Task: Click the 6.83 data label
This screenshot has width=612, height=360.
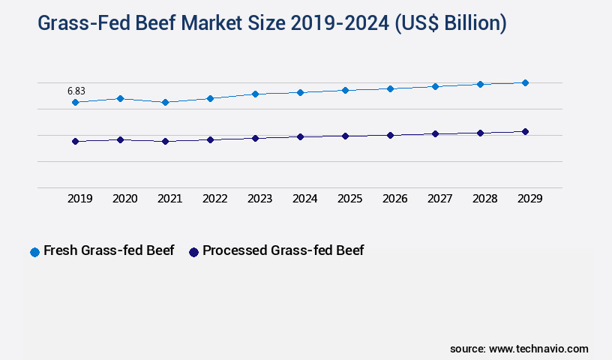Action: (76, 91)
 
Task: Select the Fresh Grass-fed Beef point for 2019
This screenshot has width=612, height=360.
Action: (75, 102)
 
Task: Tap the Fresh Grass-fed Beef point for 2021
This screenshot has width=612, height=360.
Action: (165, 102)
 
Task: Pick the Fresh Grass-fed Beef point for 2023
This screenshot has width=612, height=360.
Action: (255, 94)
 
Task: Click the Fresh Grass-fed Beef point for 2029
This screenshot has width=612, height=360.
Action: (525, 82)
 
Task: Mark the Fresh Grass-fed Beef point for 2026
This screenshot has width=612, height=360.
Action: (390, 88)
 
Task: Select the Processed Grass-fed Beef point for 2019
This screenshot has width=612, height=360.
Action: (75, 141)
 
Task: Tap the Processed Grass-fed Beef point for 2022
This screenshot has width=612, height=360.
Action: (210, 139)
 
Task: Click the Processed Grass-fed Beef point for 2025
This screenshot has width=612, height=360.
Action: (345, 136)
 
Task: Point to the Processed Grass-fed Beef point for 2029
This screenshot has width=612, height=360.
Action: (525, 131)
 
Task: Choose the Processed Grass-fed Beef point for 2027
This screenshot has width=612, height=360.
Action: (435, 133)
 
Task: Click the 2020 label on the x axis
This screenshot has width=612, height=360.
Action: (124, 199)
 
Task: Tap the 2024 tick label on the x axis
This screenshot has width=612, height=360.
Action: (304, 199)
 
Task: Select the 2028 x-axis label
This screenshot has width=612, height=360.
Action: (484, 199)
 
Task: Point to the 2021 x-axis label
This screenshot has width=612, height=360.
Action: (169, 199)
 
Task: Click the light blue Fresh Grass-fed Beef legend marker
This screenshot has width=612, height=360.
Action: (34, 252)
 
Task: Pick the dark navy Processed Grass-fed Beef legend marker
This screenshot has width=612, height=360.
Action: (193, 252)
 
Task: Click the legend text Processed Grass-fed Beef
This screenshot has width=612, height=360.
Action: (283, 250)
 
